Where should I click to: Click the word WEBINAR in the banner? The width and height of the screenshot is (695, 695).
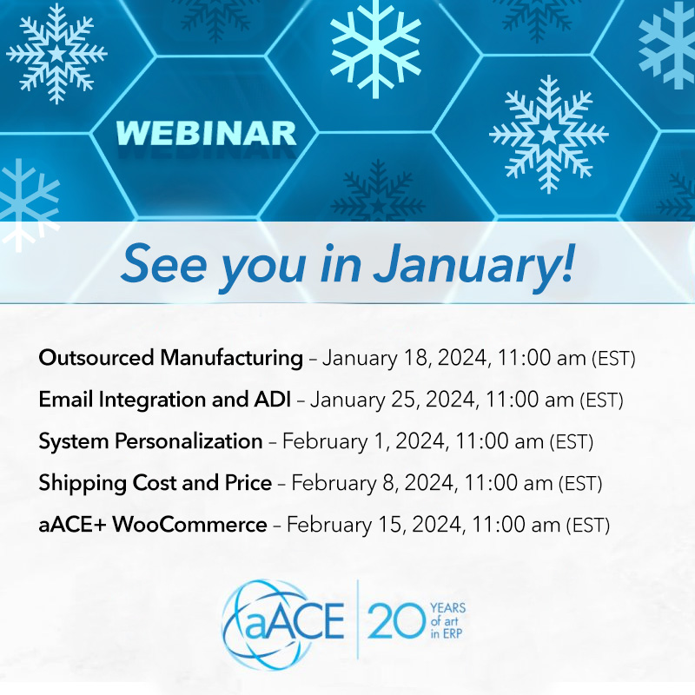[206, 134]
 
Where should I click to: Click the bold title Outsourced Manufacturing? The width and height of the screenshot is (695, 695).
[171, 357]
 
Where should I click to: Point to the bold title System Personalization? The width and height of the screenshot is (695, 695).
[150, 441]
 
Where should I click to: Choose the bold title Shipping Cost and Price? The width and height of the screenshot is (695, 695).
[156, 483]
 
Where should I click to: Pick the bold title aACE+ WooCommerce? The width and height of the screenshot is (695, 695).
[153, 525]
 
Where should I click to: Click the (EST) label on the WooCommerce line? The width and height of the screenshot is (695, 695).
[588, 526]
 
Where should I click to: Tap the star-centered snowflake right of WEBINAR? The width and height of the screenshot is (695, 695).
[548, 134]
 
